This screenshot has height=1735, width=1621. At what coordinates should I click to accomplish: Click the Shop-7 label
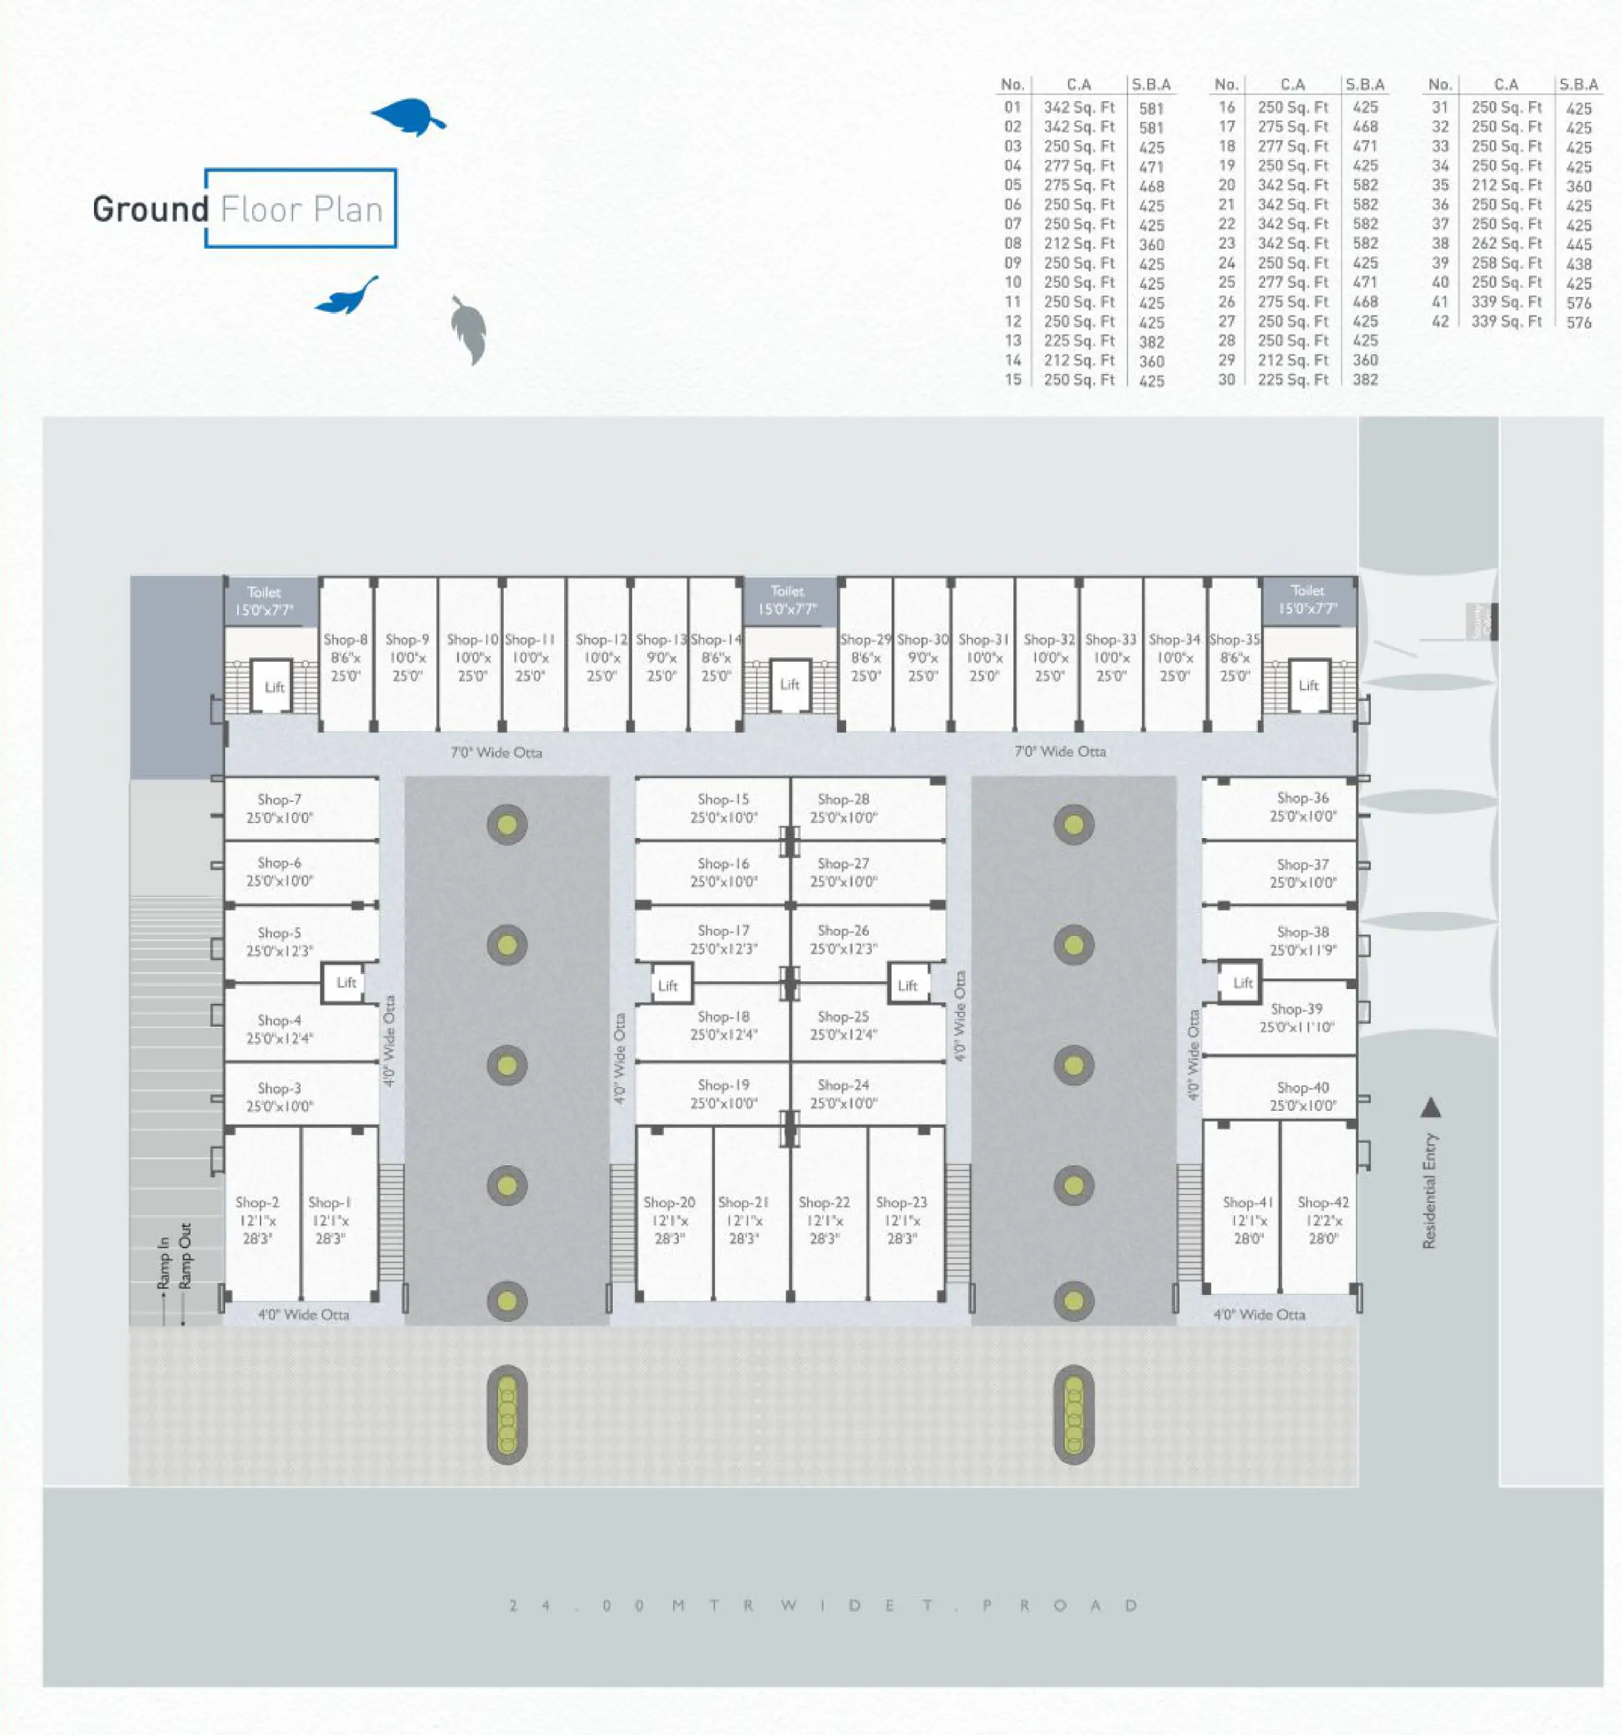[279, 799]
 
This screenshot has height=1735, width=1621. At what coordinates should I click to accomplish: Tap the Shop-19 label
[723, 1085]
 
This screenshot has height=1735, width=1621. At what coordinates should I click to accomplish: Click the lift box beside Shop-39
[1241, 983]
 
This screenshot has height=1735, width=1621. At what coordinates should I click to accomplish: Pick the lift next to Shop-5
[346, 983]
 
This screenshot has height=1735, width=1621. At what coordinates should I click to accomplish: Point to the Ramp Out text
[185, 1255]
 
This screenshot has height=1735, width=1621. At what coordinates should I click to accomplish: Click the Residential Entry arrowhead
[1430, 1108]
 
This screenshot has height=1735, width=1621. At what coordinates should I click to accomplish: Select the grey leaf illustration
[469, 329]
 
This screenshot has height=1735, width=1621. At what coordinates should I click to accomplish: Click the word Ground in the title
[150, 209]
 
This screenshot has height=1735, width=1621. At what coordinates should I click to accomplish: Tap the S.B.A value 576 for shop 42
[1578, 322]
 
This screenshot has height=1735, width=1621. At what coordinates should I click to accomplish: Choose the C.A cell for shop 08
[1079, 244]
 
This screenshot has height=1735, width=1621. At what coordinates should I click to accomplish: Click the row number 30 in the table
[1226, 380]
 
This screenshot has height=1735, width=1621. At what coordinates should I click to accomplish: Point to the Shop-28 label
[843, 799]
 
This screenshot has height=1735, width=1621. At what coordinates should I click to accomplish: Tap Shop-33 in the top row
[1110, 640]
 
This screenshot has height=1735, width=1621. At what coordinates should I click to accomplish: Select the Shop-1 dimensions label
[329, 1229]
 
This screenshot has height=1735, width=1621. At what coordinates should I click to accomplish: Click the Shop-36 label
[1303, 798]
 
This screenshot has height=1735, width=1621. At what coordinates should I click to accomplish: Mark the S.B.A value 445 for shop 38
[1578, 244]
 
